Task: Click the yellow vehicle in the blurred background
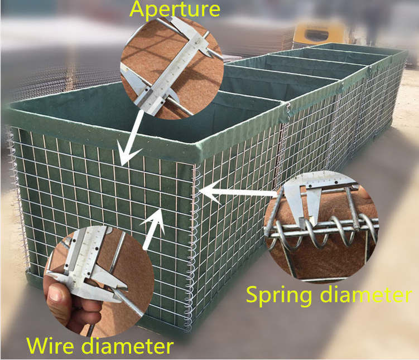(x=315, y=33)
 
